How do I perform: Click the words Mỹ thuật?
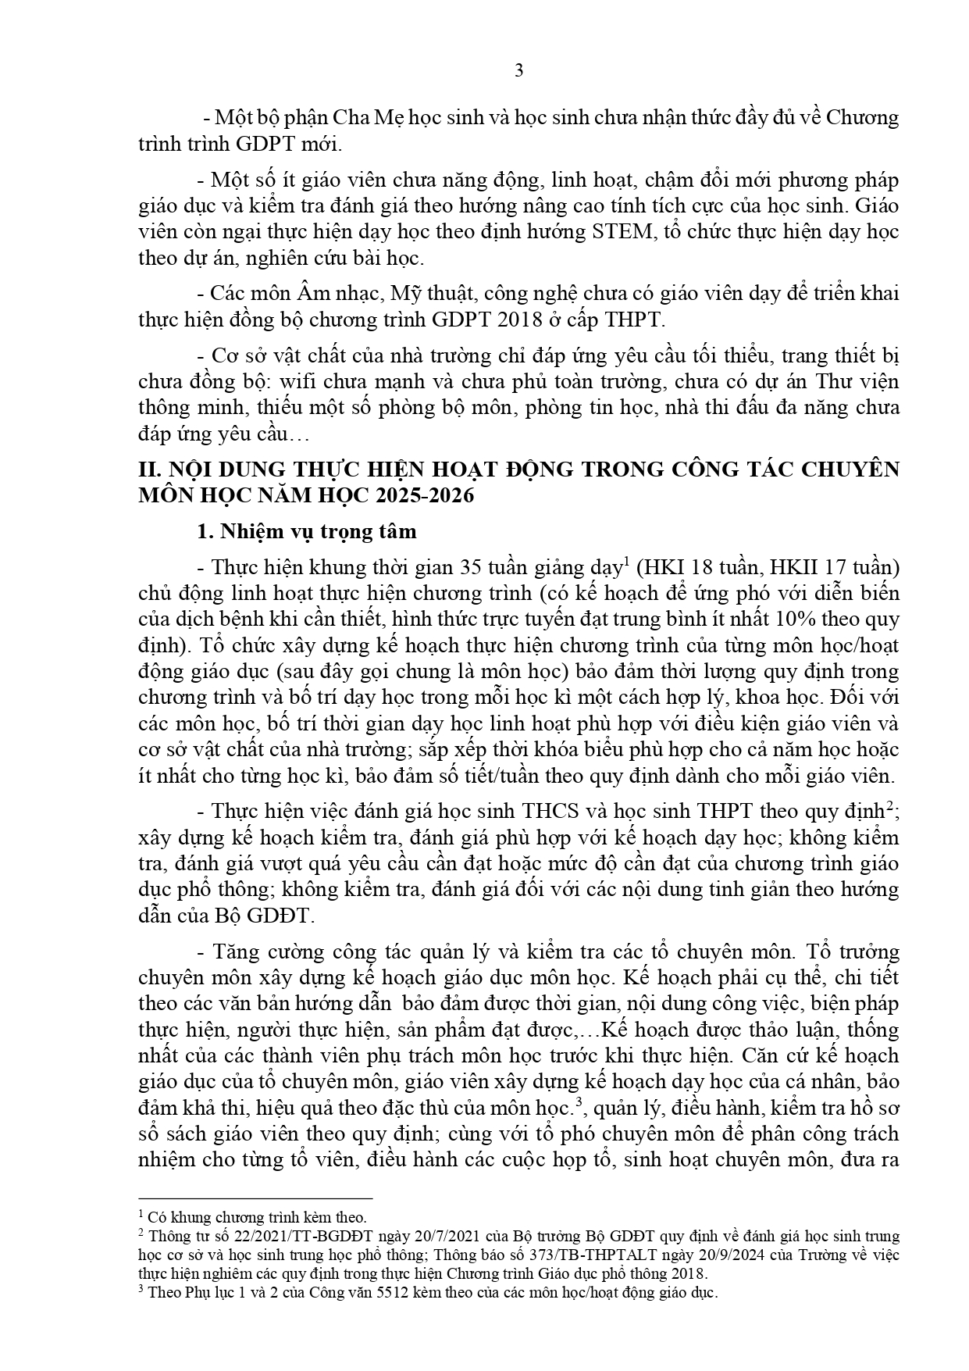(x=437, y=294)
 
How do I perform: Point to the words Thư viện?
(x=860, y=382)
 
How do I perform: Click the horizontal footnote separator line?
(x=255, y=1198)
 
